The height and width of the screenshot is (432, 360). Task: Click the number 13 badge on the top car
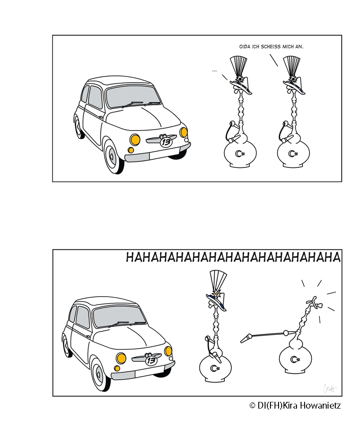coord(166,142)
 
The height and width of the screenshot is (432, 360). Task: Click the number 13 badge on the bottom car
coord(151,360)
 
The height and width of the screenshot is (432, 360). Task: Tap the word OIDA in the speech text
coord(245,47)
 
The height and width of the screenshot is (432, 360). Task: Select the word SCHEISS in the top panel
coord(270,47)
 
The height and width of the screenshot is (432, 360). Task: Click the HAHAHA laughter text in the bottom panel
coord(233,257)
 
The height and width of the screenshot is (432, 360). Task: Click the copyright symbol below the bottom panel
coord(252,405)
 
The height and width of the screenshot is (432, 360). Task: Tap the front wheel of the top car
coord(113,157)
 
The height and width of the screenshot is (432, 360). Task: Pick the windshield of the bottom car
coord(120,316)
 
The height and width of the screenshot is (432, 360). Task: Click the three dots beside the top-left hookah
coord(214,71)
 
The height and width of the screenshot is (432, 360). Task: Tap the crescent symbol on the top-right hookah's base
coord(292,153)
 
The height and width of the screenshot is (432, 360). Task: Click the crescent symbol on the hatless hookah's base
coord(295,359)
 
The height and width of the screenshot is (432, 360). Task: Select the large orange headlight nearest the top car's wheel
coord(135,139)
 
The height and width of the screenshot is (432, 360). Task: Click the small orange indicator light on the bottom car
coord(117,369)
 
